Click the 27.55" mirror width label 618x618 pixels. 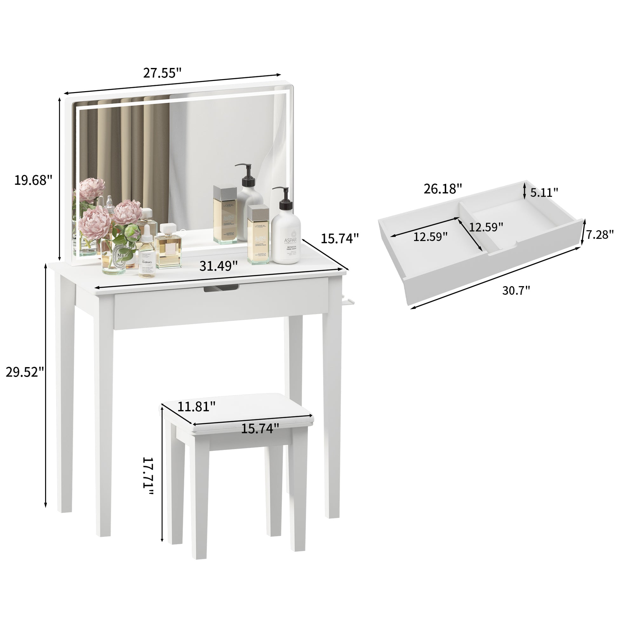(162, 73)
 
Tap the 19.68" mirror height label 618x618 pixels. (33, 180)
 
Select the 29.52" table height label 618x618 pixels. (25, 372)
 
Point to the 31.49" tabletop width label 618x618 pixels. (218, 265)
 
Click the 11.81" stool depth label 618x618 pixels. (196, 406)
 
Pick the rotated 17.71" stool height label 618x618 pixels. (148, 476)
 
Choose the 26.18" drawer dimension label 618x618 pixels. (443, 189)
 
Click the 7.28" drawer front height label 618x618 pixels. (600, 234)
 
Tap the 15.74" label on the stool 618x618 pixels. (260, 429)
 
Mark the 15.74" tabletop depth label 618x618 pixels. (340, 238)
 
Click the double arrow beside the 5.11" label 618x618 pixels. (524, 190)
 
